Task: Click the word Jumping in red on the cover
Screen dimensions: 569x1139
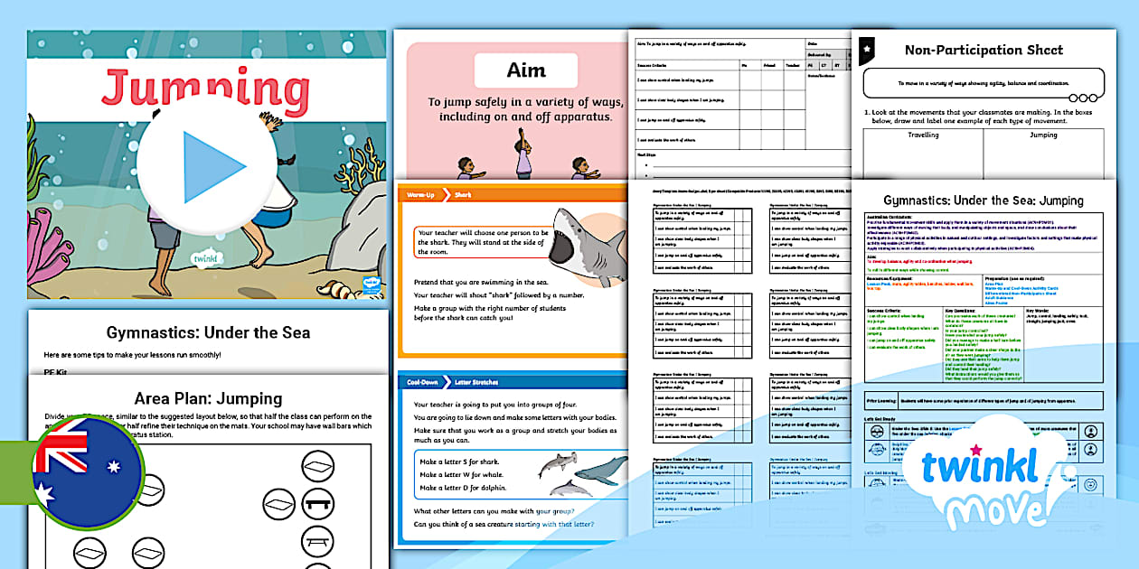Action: pyautogui.click(x=205, y=89)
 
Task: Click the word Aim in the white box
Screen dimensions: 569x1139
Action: pyautogui.click(x=525, y=70)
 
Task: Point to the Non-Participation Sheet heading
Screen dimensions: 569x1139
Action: pyautogui.click(x=984, y=50)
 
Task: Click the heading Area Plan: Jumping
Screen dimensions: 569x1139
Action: pyautogui.click(x=208, y=398)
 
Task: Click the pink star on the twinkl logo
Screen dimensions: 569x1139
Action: pyautogui.click(x=975, y=449)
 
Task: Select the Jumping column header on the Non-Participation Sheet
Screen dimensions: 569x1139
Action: pyautogui.click(x=1043, y=135)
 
